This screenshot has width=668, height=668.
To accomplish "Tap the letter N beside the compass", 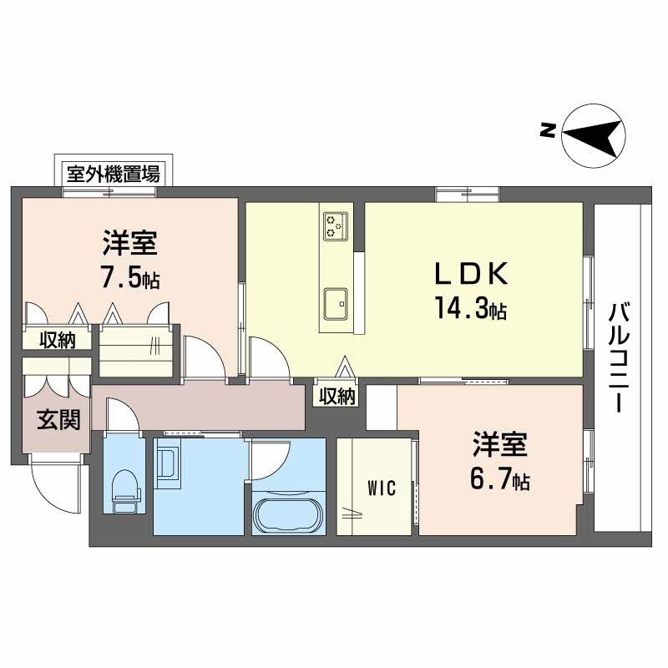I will [547, 129].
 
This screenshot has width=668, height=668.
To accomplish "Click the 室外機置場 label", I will [114, 175].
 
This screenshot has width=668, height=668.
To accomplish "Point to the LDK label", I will [469, 276].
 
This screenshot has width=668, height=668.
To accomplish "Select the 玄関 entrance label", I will [57, 418].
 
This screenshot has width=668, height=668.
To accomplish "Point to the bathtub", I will [287, 515].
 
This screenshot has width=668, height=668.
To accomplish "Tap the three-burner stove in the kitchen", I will [337, 225].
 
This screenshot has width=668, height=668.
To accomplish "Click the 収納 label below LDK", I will [337, 397].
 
